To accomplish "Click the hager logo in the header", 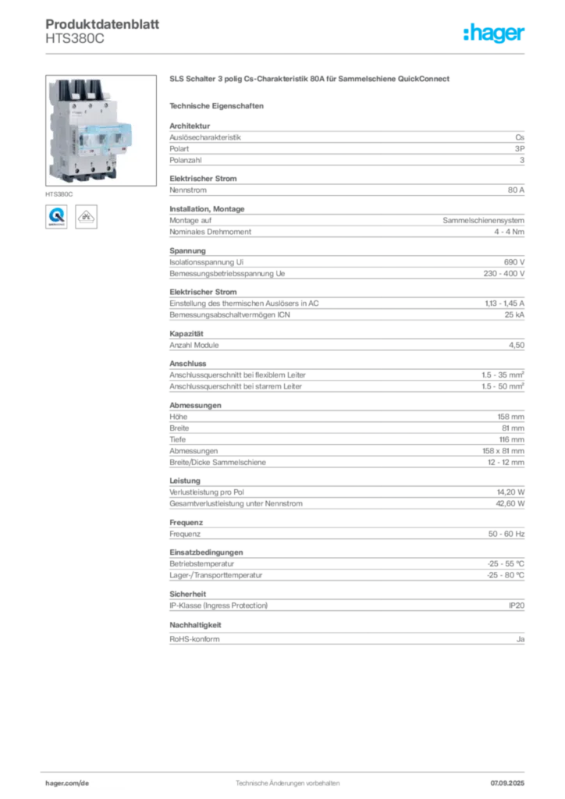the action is (x=493, y=33).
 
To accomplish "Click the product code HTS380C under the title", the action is (x=75, y=39).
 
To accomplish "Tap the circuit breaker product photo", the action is (x=101, y=130).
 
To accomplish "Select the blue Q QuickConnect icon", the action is (x=56, y=217).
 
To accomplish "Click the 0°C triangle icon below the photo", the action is (x=86, y=217).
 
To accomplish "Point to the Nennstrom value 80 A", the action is (x=516, y=190).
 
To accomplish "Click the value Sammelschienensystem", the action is (x=484, y=221).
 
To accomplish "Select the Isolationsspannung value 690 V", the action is (x=514, y=262).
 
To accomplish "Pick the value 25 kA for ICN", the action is (x=514, y=315).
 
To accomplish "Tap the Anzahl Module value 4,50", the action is (x=516, y=345).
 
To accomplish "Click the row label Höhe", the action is (x=178, y=417).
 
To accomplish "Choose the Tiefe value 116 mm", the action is (x=511, y=440).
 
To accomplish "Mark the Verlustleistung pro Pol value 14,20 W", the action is (x=510, y=492).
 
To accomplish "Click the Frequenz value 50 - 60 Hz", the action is (x=506, y=534).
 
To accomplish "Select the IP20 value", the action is (x=517, y=605).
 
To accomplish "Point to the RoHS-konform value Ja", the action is (x=521, y=639).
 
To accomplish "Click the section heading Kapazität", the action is (x=187, y=334).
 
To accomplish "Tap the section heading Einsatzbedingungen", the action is (x=206, y=552).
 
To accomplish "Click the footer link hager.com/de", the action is (x=67, y=783).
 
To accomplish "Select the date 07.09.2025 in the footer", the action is (x=507, y=783).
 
